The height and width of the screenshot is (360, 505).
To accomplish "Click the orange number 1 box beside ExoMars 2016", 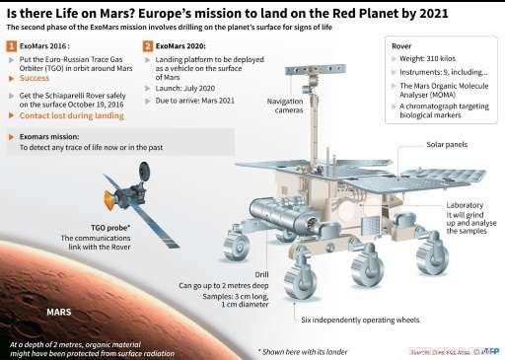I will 11,46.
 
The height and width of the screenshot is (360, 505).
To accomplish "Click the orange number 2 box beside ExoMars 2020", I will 148,46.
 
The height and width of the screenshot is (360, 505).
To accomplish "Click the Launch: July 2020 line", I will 188,86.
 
